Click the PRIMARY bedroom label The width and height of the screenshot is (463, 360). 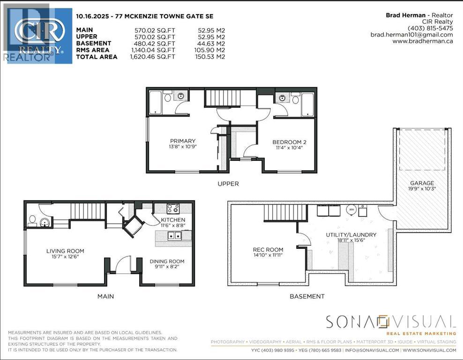(183, 141)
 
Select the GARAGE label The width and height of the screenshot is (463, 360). (422, 183)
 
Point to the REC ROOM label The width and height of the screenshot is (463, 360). (268, 249)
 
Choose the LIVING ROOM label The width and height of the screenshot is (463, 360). (65, 251)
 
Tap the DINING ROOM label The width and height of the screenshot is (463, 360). (167, 262)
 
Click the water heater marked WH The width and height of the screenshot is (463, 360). (351, 210)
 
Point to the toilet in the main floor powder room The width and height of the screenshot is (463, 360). (32, 219)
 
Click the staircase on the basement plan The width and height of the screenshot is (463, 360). (279, 213)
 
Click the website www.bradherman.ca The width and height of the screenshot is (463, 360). (422, 41)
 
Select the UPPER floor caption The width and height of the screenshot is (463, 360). (228, 184)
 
